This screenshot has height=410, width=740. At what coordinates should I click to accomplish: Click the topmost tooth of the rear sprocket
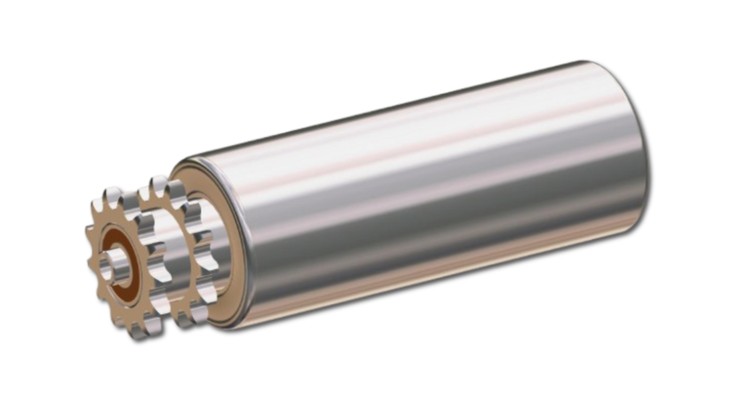click(x=157, y=185)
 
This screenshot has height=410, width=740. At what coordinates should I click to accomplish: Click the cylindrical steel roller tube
click(x=434, y=195)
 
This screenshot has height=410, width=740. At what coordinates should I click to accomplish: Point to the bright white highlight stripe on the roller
click(x=434, y=137)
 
